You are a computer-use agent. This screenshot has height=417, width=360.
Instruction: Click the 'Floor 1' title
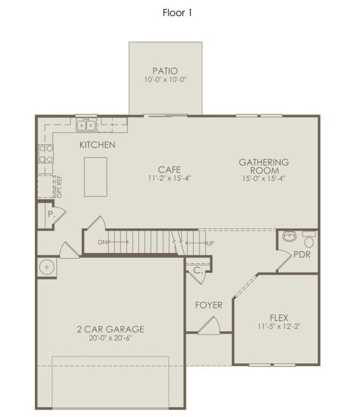tap(177, 13)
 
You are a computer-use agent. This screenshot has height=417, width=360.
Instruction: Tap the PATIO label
tap(165, 71)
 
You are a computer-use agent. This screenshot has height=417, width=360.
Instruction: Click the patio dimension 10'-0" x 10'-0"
tap(165, 80)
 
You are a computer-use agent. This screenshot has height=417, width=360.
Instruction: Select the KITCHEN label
tap(97, 145)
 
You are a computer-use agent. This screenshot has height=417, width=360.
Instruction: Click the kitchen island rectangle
tap(96, 177)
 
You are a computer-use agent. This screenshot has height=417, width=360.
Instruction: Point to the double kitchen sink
tap(86, 125)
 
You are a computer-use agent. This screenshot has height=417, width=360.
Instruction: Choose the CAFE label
tap(170, 170)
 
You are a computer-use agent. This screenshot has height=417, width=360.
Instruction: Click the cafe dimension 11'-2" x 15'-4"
tap(170, 178)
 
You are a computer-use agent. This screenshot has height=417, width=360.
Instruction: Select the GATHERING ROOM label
tap(263, 166)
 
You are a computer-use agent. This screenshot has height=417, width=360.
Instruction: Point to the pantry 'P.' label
tap(51, 215)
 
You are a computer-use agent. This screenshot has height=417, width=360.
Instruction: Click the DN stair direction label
tap(102, 243)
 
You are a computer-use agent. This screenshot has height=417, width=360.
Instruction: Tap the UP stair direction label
tap(210, 243)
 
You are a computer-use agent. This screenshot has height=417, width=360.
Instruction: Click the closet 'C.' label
tap(197, 271)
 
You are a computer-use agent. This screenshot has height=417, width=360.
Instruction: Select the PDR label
tap(302, 255)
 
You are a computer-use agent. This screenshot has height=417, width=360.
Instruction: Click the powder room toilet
tap(309, 239)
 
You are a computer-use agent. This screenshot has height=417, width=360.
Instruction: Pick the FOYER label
tap(209, 305)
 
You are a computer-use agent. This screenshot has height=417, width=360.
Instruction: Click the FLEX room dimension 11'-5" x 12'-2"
tap(279, 327)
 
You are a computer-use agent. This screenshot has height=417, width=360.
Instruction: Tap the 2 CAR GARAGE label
tap(110, 329)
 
